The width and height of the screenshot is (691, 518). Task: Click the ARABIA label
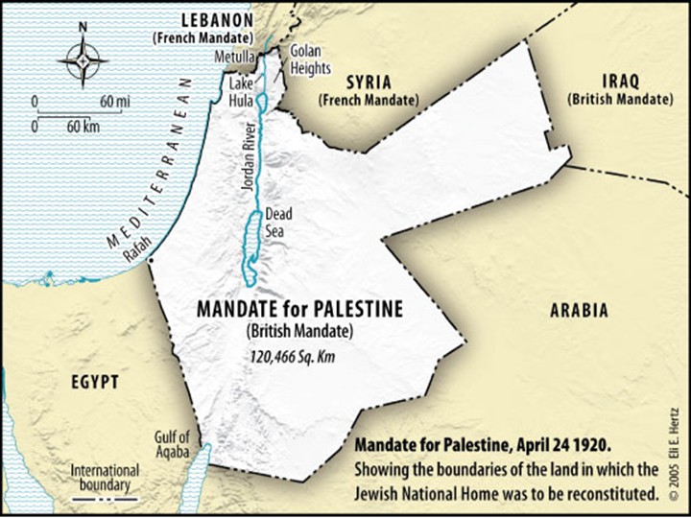pyautogui.click(x=579, y=310)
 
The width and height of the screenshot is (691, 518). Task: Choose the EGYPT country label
pyautogui.click(x=95, y=382)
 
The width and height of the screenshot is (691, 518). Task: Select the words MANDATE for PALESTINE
pyautogui.click(x=299, y=310)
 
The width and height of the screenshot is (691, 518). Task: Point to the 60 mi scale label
pyautogui.click(x=114, y=101)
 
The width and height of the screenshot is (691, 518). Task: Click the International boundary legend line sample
pyautogui.click(x=105, y=500)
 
